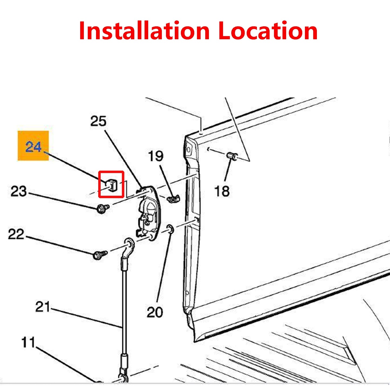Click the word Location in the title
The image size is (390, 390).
tap(268, 30)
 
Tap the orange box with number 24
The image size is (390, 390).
tap(33, 145)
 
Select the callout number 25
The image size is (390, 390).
tap(98, 121)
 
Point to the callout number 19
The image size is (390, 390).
tap(155, 156)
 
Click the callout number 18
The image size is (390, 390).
tap(222, 191)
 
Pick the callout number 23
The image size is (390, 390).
tap(19, 191)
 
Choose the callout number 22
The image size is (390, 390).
tap(16, 234)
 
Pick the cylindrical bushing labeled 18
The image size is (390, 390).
tap(232, 156)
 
